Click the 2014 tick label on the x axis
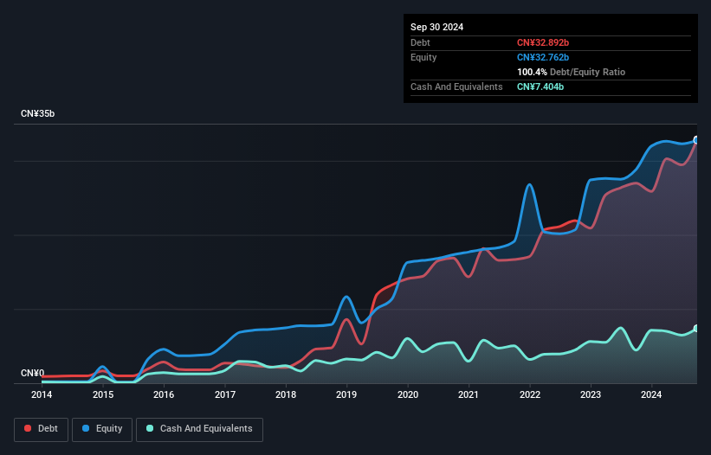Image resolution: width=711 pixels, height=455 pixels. pos(41,395)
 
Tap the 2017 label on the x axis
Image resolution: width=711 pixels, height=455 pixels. pos(225,395)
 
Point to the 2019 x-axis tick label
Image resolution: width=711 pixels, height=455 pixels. pos(346,395)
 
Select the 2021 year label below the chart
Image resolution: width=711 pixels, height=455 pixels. pos(469,395)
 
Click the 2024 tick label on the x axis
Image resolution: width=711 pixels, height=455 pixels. pos(651,395)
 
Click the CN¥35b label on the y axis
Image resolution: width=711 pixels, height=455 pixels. pos(39,114)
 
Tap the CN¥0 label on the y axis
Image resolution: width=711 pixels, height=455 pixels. pos(32,374)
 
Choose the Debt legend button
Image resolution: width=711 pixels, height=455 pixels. pos(41,429)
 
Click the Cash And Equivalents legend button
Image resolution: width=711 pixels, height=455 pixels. pos(199,429)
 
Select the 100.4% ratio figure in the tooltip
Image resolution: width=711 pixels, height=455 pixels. pos(532,73)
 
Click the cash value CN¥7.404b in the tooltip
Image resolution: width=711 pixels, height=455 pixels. pos(540,87)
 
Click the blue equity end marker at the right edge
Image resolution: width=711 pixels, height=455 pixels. pos(696,140)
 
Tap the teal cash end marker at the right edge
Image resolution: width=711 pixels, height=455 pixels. pos(696,329)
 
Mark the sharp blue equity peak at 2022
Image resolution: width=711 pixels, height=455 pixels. pos(529,184)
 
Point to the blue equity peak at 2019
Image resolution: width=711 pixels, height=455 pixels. pos(346,297)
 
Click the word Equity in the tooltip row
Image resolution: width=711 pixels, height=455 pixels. pos(423,57)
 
